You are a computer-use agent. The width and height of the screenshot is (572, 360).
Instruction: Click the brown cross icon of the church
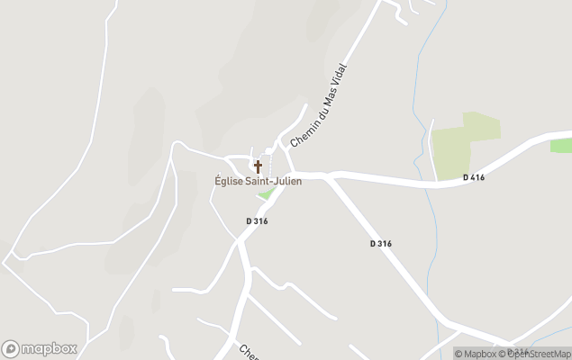(258, 166)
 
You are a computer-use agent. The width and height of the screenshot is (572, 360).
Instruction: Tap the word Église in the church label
(230, 181)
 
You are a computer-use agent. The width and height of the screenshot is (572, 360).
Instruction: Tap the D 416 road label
(474, 177)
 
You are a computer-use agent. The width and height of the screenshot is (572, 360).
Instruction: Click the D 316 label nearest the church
(257, 220)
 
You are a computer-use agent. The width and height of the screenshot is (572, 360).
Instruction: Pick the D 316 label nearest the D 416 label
(380, 243)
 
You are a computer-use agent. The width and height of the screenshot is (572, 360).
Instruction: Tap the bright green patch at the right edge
(562, 145)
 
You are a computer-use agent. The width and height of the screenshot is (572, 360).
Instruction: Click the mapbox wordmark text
(50, 348)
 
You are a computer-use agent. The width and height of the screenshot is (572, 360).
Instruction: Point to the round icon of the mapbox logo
(11, 348)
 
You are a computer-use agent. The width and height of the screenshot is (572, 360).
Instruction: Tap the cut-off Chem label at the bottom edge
(249, 351)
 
